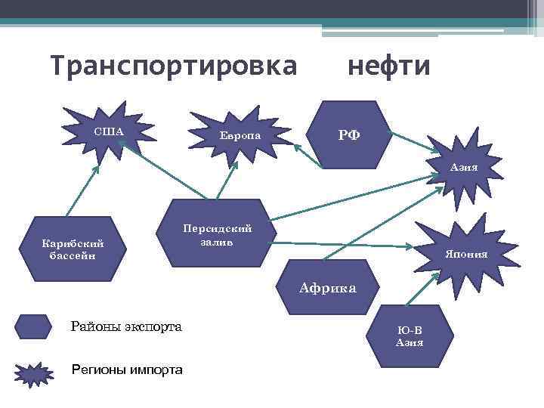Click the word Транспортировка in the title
click(174, 66)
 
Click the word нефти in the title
click(388, 66)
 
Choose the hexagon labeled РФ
click(349, 134)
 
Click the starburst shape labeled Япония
click(468, 252)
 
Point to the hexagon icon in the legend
click(33, 327)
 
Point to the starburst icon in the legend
click(33, 372)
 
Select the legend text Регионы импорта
click(126, 370)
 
